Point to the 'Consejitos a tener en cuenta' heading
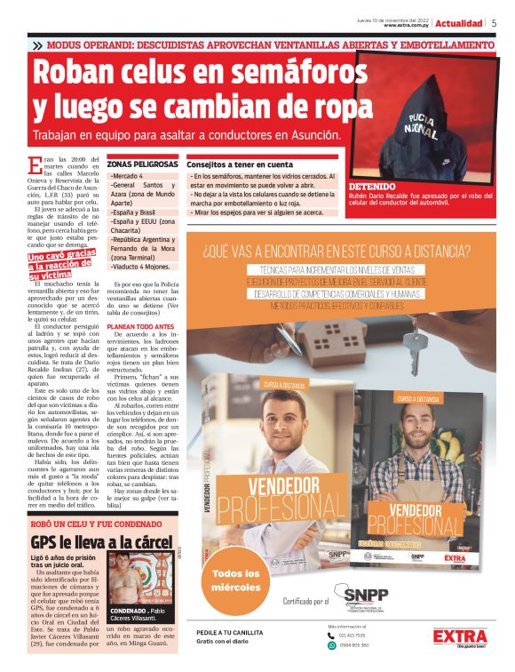pyautogui.click(x=240, y=164)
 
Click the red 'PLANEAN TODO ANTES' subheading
pyautogui.click(x=141, y=324)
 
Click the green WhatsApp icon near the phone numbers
pyautogui.click(x=332, y=645)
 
